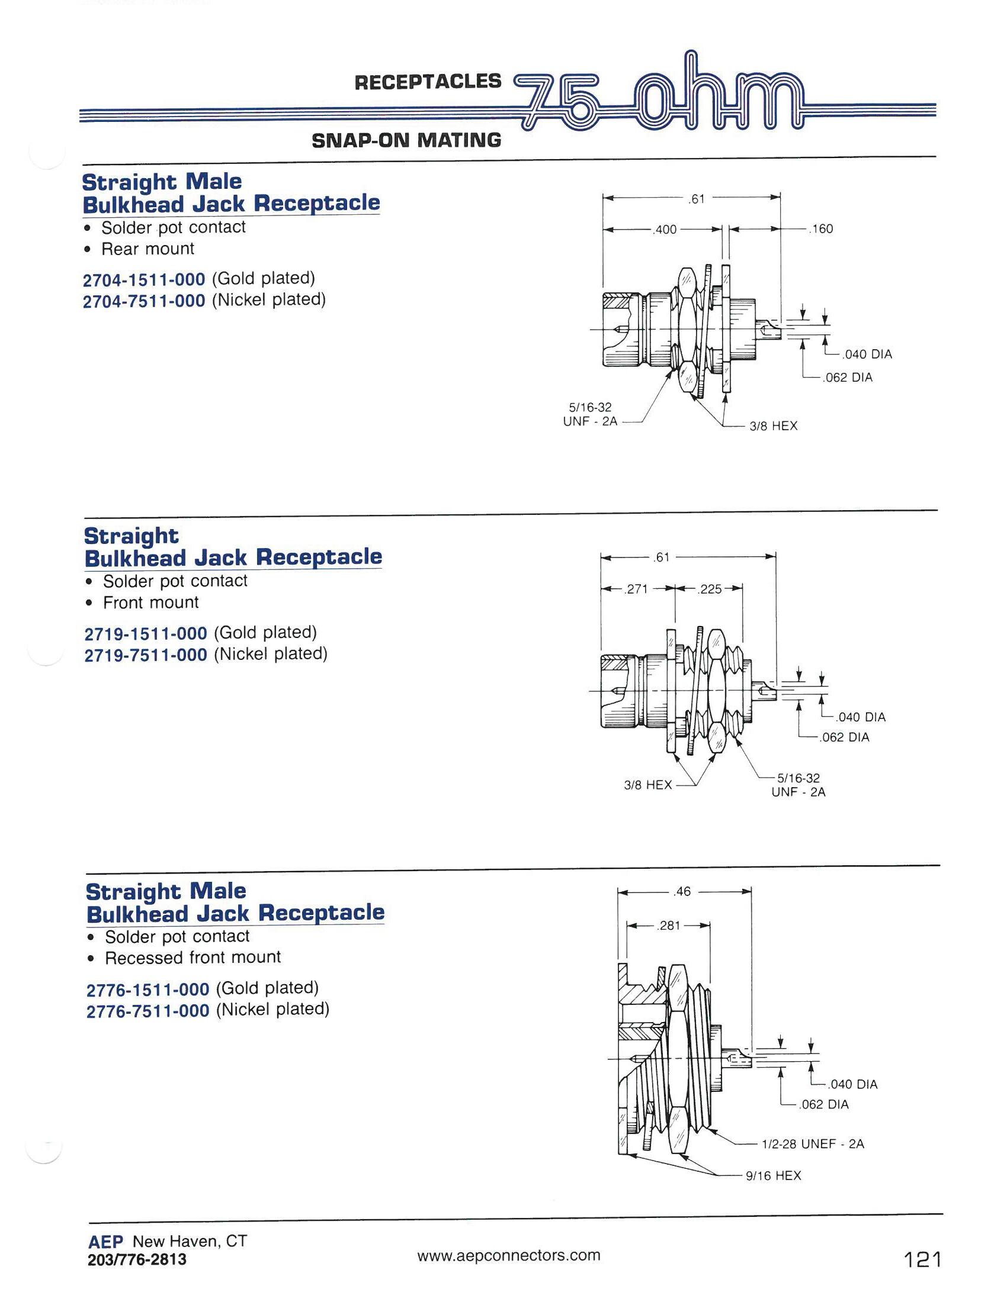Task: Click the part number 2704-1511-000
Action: (x=144, y=279)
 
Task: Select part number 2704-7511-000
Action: (x=144, y=301)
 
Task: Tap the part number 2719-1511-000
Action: (x=146, y=633)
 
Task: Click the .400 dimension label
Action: (x=665, y=230)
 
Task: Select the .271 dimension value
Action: (x=636, y=589)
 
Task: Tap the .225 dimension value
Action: (x=709, y=589)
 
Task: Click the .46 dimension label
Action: (x=681, y=892)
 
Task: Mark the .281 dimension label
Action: (x=668, y=926)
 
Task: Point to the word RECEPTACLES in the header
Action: (x=428, y=82)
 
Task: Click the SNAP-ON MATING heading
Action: (x=406, y=141)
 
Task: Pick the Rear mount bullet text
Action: (x=148, y=249)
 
